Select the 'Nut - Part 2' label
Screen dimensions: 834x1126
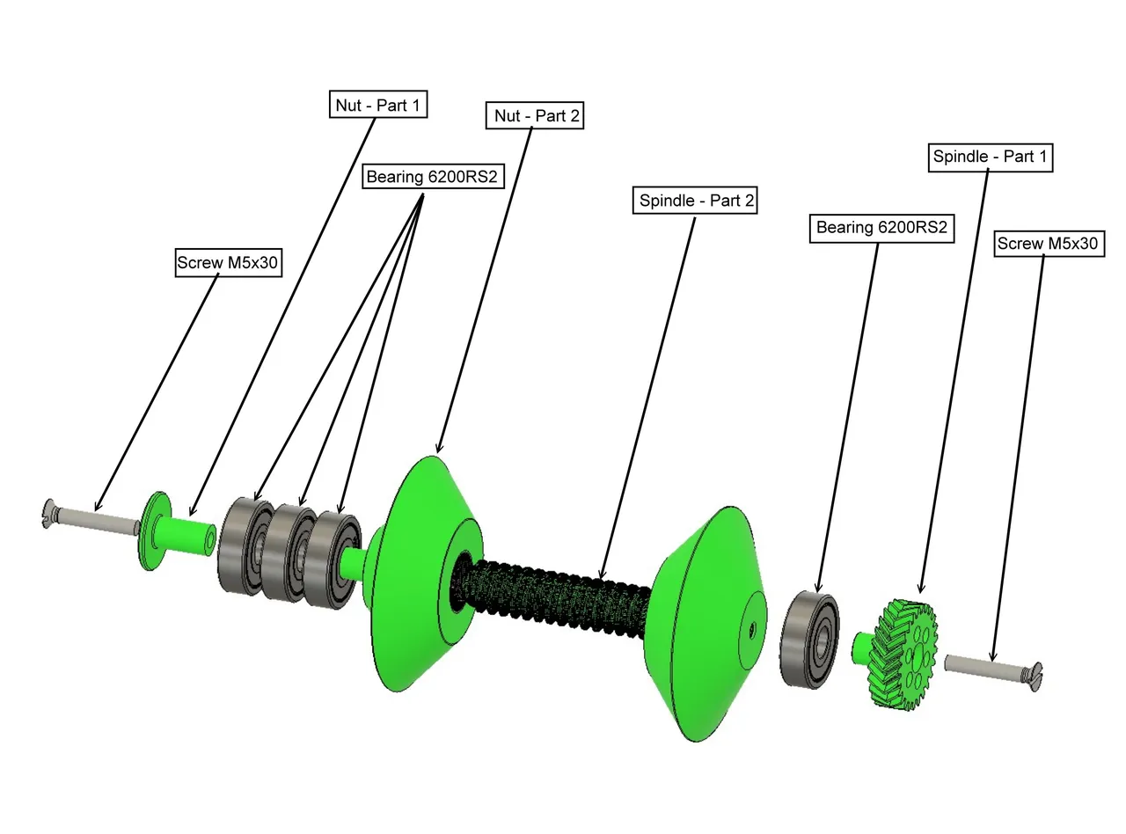[535, 115]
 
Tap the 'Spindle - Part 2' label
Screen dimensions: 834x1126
[696, 201]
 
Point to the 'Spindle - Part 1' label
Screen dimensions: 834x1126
[991, 157]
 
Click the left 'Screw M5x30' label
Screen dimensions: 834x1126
[229, 262]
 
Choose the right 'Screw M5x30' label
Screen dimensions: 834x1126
[1048, 244]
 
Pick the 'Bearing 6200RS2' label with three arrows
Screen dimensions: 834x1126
[431, 177]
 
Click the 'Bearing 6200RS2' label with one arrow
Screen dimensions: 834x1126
[881, 228]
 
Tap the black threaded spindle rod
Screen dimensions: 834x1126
[554, 594]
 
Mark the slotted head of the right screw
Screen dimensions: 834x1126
[1035, 677]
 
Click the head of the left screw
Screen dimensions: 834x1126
[49, 514]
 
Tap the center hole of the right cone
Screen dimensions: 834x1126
[753, 629]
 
